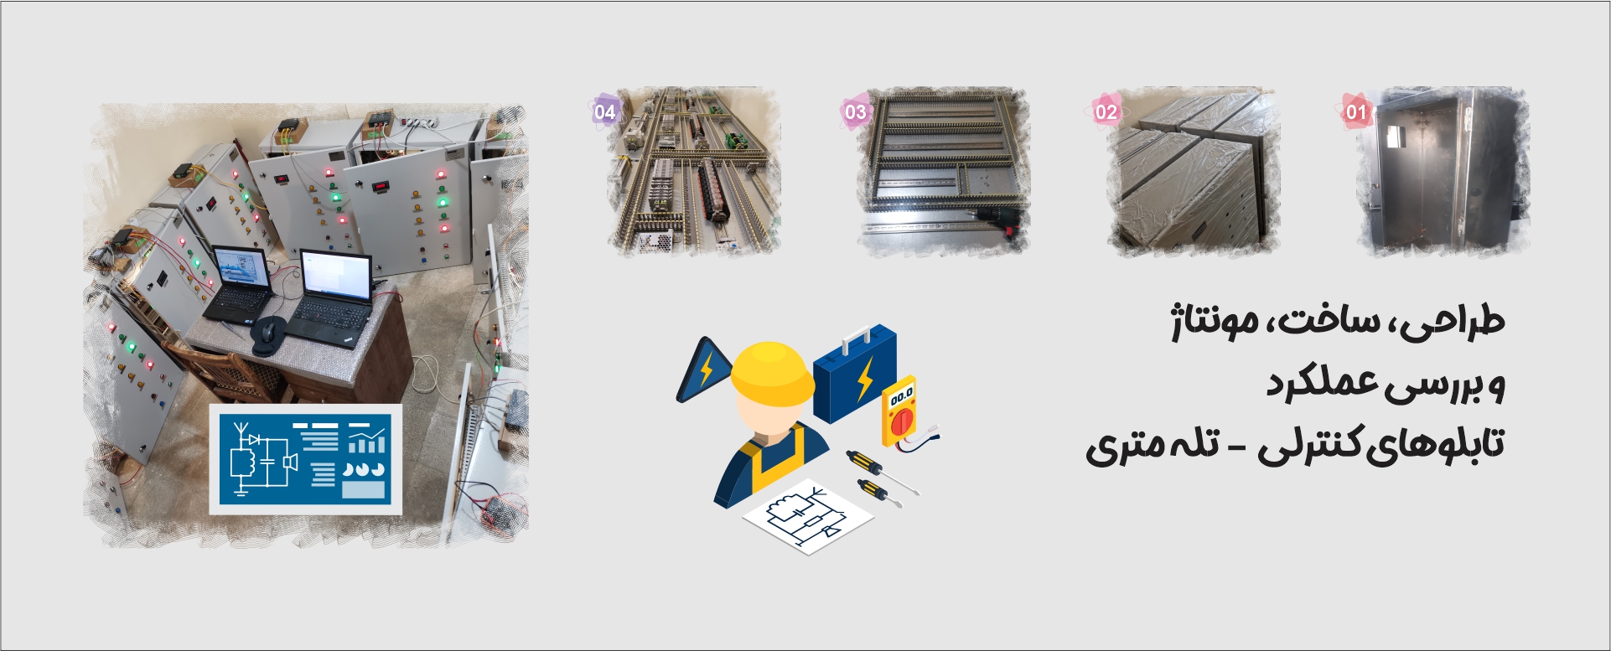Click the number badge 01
pos(1356,112)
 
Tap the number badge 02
pos(1106,112)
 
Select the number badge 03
pos(855,112)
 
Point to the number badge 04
pos(604,111)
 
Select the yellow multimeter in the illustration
pos(899,411)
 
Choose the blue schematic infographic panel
pos(305,459)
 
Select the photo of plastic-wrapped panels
pos(1193,171)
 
